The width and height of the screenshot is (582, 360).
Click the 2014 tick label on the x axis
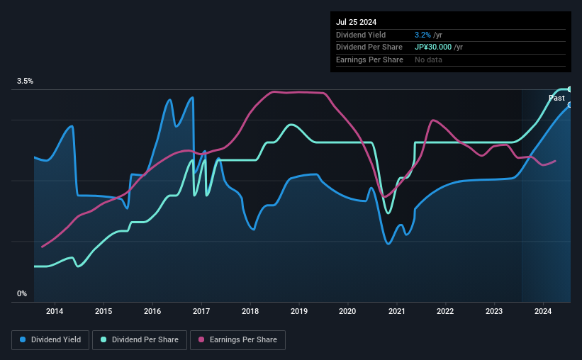click(55, 311)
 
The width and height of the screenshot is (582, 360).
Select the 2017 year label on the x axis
click(201, 311)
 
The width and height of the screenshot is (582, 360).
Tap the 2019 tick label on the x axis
click(299, 311)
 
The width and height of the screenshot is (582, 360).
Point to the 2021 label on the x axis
click(397, 311)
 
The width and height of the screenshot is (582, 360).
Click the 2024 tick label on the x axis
click(543, 311)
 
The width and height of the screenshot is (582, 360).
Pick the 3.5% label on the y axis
click(25, 81)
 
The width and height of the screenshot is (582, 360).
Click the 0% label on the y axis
click(22, 293)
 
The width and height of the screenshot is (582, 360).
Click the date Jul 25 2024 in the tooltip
click(357, 22)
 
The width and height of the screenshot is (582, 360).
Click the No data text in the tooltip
click(430, 60)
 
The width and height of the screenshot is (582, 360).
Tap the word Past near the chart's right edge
click(556, 98)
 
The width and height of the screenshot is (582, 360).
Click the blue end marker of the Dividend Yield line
click(569, 105)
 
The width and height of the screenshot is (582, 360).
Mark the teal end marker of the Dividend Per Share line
click(569, 89)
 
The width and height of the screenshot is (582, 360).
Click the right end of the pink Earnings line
click(555, 161)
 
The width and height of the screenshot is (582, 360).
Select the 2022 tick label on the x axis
click(445, 311)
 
